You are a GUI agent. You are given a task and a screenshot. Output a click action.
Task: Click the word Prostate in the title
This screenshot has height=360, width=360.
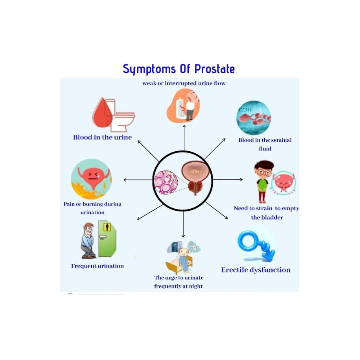click(215, 69)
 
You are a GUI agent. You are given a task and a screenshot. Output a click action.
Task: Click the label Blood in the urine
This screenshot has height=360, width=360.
click(102, 137)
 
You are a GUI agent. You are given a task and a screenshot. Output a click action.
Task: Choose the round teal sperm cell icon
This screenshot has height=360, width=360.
click(254, 118)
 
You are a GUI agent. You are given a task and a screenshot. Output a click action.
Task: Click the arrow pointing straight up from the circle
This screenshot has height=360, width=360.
click(184, 138)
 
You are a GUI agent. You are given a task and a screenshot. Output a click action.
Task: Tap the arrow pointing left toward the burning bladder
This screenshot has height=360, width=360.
click(138, 180)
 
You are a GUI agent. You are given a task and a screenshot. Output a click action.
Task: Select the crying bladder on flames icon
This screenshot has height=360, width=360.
click(91, 179)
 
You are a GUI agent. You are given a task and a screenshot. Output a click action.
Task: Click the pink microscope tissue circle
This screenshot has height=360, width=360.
click(166, 182)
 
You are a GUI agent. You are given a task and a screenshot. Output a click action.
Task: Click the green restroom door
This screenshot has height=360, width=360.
click(107, 239)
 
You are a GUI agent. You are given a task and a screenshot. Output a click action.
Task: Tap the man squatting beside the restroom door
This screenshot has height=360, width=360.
click(88, 240)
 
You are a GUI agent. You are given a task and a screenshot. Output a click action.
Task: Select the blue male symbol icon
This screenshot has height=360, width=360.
click(256, 246)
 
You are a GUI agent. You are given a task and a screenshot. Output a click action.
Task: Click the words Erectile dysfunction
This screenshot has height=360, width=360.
click(256, 270)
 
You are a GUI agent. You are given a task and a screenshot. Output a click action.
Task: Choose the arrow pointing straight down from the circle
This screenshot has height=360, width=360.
click(183, 224)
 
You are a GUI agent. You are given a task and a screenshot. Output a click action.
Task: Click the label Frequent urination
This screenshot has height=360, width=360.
click(97, 266)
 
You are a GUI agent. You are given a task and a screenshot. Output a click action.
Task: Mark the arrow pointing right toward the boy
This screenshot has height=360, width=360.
click(228, 179)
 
